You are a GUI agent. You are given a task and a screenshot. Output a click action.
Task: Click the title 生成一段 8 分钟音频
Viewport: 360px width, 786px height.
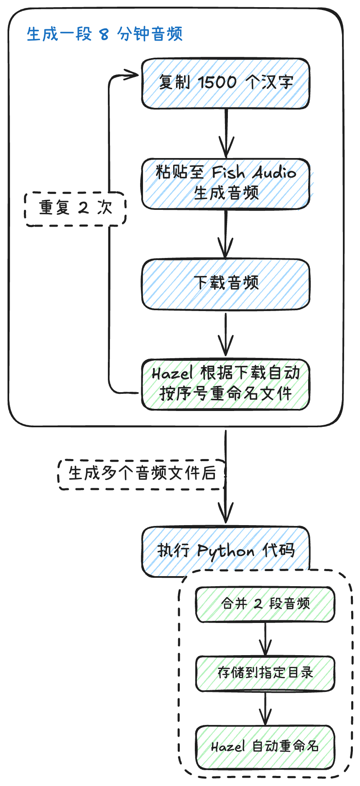105,34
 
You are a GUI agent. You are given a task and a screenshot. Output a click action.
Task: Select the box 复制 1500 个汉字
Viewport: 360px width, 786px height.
225,84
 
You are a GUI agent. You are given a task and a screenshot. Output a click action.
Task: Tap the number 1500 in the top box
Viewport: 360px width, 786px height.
217,82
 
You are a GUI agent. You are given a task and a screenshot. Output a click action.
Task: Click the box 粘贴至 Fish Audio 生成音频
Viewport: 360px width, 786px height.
225,184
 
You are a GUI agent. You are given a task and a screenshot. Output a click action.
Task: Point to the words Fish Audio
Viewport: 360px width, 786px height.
254,172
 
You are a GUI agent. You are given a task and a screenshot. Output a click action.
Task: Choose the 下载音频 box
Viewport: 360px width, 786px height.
225,284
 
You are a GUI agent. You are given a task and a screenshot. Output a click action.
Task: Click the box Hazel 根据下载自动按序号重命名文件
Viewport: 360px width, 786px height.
225,384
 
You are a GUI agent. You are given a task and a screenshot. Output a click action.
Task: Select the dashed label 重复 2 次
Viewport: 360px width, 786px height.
75,209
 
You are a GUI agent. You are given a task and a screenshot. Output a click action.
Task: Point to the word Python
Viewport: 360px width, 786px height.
225,551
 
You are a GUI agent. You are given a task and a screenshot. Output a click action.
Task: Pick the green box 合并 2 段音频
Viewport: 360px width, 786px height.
265,604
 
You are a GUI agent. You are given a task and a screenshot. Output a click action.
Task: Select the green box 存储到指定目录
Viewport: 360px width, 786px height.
265,673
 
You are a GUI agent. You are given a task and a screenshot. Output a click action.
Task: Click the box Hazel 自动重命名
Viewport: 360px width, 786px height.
265,747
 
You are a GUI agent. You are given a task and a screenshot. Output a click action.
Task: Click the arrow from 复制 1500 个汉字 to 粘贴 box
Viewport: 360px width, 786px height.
226,134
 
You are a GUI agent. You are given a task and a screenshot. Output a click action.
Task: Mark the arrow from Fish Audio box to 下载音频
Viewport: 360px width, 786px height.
226,234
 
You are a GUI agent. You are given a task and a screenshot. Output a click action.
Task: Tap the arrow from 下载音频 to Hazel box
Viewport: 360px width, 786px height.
226,334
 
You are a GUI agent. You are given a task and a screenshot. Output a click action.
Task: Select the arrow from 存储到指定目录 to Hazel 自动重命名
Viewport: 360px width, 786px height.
266,708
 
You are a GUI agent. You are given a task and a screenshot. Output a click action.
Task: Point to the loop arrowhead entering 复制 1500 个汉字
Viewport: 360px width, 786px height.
133,75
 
